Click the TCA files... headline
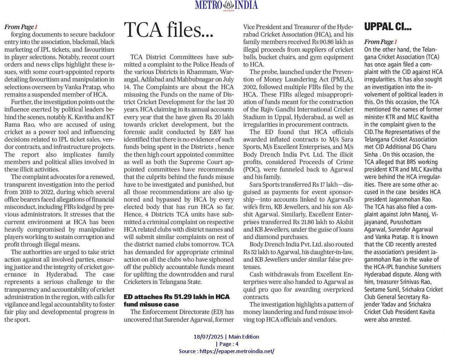pos(168,30)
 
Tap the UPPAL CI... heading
pos(387,27)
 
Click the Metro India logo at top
pos(226,5)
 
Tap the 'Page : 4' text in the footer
pos(227,344)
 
